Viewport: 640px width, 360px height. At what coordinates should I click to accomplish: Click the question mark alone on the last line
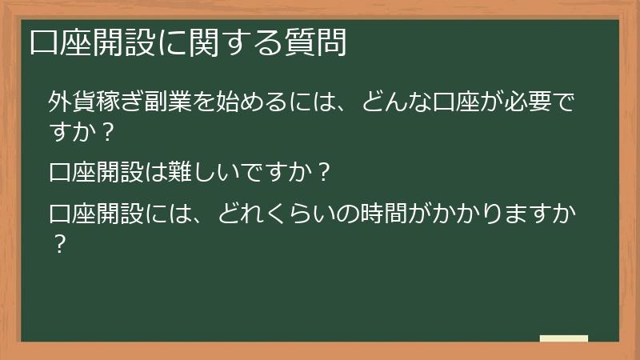[x=58, y=242]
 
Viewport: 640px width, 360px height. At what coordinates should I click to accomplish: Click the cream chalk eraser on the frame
[x=564, y=339]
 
